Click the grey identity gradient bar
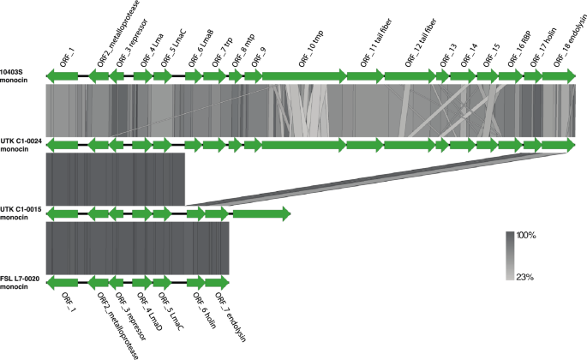click(x=509, y=255)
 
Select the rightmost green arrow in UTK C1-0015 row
click(x=261, y=213)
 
